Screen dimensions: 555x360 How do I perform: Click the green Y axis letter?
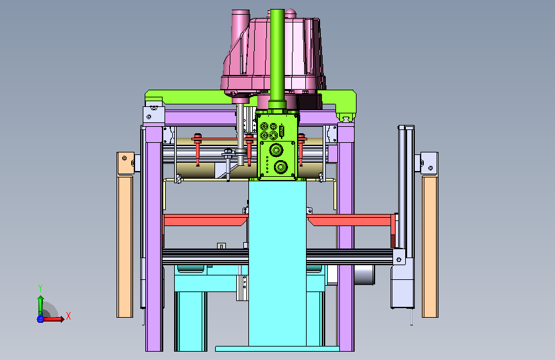40,288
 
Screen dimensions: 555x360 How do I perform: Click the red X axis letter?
68,316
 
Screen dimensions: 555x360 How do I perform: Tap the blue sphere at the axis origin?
40,319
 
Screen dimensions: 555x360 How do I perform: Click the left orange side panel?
125,246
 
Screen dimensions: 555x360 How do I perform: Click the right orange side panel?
430,246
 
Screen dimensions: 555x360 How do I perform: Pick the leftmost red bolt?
198,149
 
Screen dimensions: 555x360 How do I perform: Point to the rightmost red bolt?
302,149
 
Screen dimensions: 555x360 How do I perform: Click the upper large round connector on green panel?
276,150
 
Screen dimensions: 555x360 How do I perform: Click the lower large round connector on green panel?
280,167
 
